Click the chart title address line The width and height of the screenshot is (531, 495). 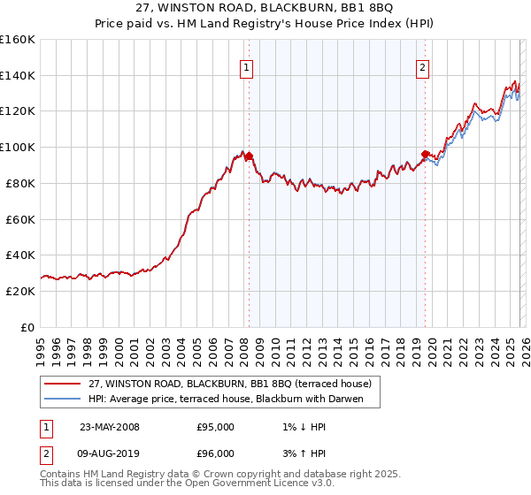pyautogui.click(x=265, y=8)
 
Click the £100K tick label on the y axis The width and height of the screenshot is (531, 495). pyautogui.click(x=18, y=148)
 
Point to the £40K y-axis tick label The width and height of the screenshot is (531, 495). pyautogui.click(x=20, y=255)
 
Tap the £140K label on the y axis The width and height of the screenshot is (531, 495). pyautogui.click(x=18, y=76)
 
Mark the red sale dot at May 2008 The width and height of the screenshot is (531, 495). pyautogui.click(x=249, y=156)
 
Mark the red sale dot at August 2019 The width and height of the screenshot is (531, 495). pyautogui.click(x=425, y=155)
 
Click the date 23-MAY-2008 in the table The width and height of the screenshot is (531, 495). pyautogui.click(x=110, y=427)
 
